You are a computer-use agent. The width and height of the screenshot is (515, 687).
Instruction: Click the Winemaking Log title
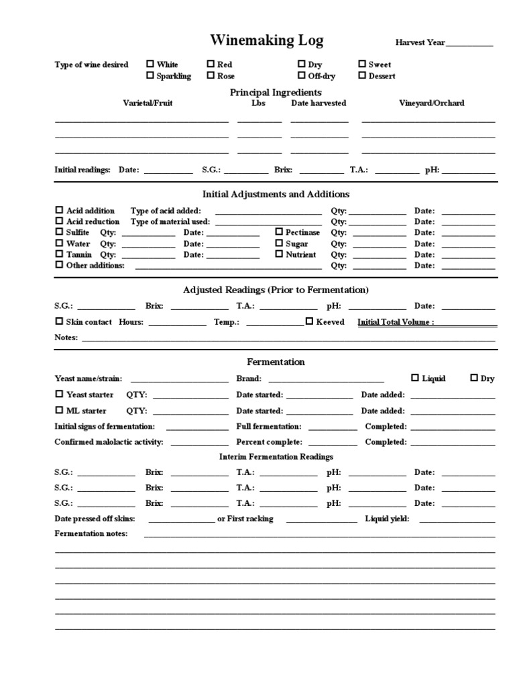pos(266,41)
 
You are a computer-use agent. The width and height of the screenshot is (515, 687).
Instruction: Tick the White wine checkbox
pos(150,64)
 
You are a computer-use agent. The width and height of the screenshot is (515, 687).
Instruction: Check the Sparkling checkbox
pos(150,76)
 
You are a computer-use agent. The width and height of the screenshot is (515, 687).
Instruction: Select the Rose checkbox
pos(211,76)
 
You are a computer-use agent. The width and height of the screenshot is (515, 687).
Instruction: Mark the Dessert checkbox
pos(362,76)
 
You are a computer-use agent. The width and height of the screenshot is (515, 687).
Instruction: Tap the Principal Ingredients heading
pos(276,92)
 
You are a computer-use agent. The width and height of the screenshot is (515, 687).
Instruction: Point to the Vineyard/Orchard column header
pos(431,103)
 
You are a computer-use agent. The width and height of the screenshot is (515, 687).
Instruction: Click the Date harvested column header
pos(319,103)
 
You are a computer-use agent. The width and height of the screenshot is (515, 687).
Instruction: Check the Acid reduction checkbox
pos(59,221)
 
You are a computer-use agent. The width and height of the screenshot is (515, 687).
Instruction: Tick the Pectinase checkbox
pos(279,231)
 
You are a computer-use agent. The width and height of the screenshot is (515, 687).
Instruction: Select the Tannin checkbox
pos(59,254)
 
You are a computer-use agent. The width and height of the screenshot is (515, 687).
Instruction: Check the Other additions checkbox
pos(59,265)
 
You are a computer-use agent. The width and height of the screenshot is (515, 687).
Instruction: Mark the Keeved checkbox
pos(309,321)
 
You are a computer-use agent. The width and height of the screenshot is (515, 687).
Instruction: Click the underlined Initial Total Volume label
pos(396,322)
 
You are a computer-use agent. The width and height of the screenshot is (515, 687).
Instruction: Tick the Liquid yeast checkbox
pos(415,378)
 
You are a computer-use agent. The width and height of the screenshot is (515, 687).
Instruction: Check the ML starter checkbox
pos(59,410)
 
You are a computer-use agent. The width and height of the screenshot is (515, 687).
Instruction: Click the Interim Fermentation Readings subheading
pos(276,457)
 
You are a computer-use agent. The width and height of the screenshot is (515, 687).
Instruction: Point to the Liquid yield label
pos(387,519)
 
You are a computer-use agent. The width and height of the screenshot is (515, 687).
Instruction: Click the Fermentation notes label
pos(91,534)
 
